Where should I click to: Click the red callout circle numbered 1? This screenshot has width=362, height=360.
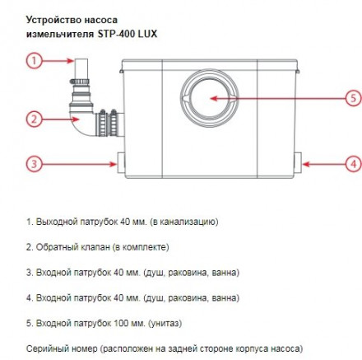pyautogui.click(x=35, y=61)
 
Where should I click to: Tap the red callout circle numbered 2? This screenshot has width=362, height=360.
pyautogui.click(x=35, y=119)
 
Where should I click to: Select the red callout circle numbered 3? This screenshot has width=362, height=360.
pyautogui.click(x=35, y=164)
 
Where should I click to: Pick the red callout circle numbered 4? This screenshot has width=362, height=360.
pyautogui.click(x=355, y=164)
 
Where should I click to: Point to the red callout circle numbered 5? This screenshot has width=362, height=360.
pyautogui.click(x=354, y=98)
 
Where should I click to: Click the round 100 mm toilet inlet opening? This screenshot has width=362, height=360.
pyautogui.click(x=210, y=98)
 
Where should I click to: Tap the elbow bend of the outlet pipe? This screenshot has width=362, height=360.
pyautogui.click(x=81, y=121)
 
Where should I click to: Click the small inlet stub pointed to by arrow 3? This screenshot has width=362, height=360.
pyautogui.click(x=121, y=163)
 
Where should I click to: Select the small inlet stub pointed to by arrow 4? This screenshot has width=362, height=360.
pyautogui.click(x=298, y=162)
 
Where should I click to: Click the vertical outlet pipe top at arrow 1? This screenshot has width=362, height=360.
pyautogui.click(x=81, y=68)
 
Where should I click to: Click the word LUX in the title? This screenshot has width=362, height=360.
pyautogui.click(x=147, y=34)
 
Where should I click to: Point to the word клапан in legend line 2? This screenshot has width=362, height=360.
pyautogui.click(x=95, y=247)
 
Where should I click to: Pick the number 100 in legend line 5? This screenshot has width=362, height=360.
pyautogui.click(x=120, y=323)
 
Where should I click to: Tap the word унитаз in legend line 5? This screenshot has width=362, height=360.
pyautogui.click(x=165, y=324)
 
